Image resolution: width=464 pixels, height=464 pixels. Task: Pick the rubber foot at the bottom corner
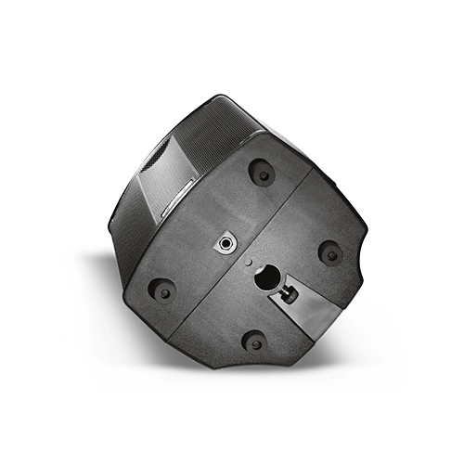(252, 342)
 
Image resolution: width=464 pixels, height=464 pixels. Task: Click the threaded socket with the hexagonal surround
(227, 243)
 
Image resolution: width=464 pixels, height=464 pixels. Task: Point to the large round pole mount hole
(266, 277)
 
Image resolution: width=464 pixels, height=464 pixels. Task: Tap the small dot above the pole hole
(248, 263)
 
